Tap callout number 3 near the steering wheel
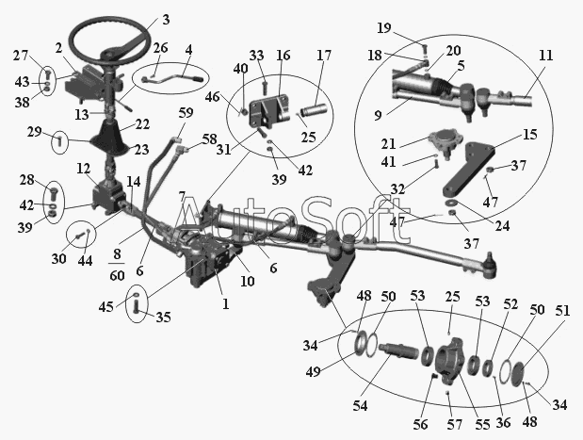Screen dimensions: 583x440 (x=166, y=19)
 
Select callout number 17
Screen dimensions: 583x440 (x=323, y=56)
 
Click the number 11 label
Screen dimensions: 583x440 (x=545, y=56)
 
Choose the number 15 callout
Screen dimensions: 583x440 (x=530, y=135)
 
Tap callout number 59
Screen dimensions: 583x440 (x=186, y=114)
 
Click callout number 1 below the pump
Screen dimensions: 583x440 (x=224, y=303)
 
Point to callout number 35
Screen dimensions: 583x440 (x=164, y=317)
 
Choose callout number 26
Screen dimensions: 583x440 (x=161, y=48)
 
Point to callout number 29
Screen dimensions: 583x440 (x=34, y=132)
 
